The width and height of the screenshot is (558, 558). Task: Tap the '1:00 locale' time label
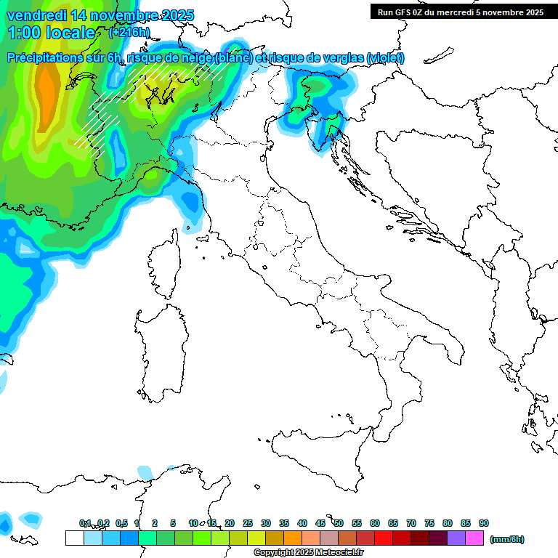click(x=52, y=33)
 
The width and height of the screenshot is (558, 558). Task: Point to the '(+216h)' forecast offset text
click(x=130, y=33)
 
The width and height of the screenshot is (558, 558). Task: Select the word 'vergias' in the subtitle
click(x=341, y=58)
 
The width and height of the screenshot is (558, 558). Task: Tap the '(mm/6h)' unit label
click(x=506, y=539)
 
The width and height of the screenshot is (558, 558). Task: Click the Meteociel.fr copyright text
click(x=308, y=553)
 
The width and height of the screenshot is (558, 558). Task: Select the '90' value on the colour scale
click(x=484, y=523)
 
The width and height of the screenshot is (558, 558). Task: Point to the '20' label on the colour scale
click(x=230, y=523)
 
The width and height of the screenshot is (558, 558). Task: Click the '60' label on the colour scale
click(x=375, y=523)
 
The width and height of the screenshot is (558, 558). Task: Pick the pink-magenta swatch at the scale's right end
click(x=474, y=538)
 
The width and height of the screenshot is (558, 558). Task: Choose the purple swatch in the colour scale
click(x=456, y=538)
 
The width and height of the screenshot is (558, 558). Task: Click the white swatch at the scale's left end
click(x=74, y=538)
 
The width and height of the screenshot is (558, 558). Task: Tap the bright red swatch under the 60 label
click(x=384, y=538)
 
